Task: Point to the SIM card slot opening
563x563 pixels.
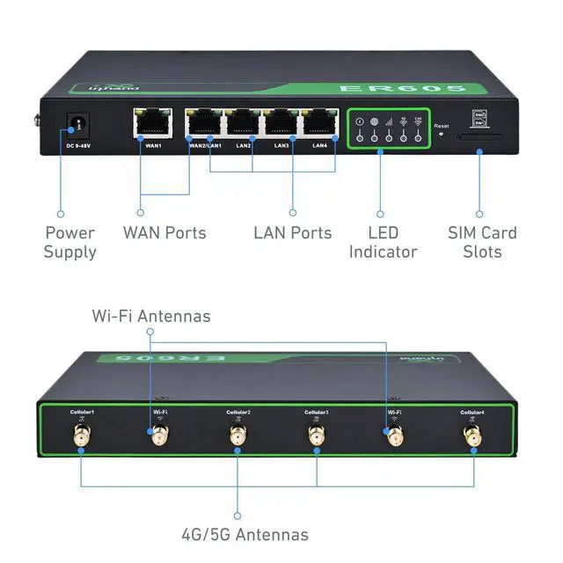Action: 480,137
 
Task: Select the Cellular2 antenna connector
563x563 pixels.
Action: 238,435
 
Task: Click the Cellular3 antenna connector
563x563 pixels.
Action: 316,435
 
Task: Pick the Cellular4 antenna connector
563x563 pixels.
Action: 472,435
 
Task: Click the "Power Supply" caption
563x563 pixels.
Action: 69,243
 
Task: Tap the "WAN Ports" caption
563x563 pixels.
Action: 165,233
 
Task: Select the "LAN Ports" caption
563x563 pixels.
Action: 293,233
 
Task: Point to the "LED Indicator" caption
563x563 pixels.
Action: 382,243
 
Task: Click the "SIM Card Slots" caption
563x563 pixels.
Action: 482,243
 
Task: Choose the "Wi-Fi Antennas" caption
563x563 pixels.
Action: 152,315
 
